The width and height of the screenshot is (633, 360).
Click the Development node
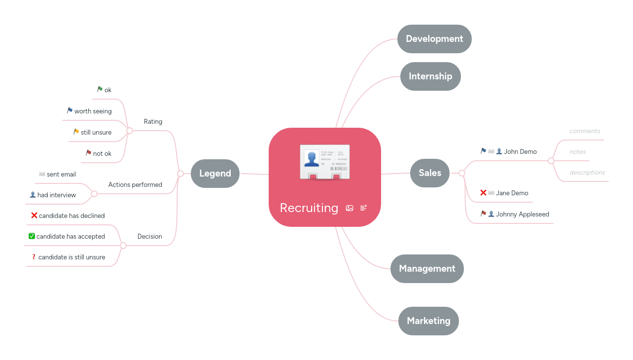point(434,39)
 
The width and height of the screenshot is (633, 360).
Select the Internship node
point(430,76)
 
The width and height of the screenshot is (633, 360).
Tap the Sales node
point(430,173)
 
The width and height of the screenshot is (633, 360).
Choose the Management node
point(427,269)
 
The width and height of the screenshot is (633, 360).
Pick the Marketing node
point(428,321)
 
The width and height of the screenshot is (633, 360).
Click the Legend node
point(215,174)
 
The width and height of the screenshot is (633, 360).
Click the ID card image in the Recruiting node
point(325,162)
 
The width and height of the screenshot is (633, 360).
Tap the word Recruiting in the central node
point(309,208)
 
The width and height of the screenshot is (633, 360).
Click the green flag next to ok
point(100,89)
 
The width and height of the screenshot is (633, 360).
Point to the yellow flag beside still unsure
point(76,132)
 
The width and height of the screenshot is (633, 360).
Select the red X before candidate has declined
point(34,215)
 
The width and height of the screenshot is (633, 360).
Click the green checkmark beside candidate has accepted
point(32,236)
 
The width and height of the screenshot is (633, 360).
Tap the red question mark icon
point(34,256)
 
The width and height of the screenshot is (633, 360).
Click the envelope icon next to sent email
point(42,174)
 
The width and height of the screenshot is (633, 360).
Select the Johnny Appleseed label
point(523,215)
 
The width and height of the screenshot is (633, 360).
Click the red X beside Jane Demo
point(483,193)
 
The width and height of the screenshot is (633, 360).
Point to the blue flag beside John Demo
point(484,151)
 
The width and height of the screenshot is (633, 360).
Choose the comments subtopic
point(585,131)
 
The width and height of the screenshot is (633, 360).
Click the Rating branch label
point(153,122)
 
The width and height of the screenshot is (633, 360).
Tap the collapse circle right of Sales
point(462,173)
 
